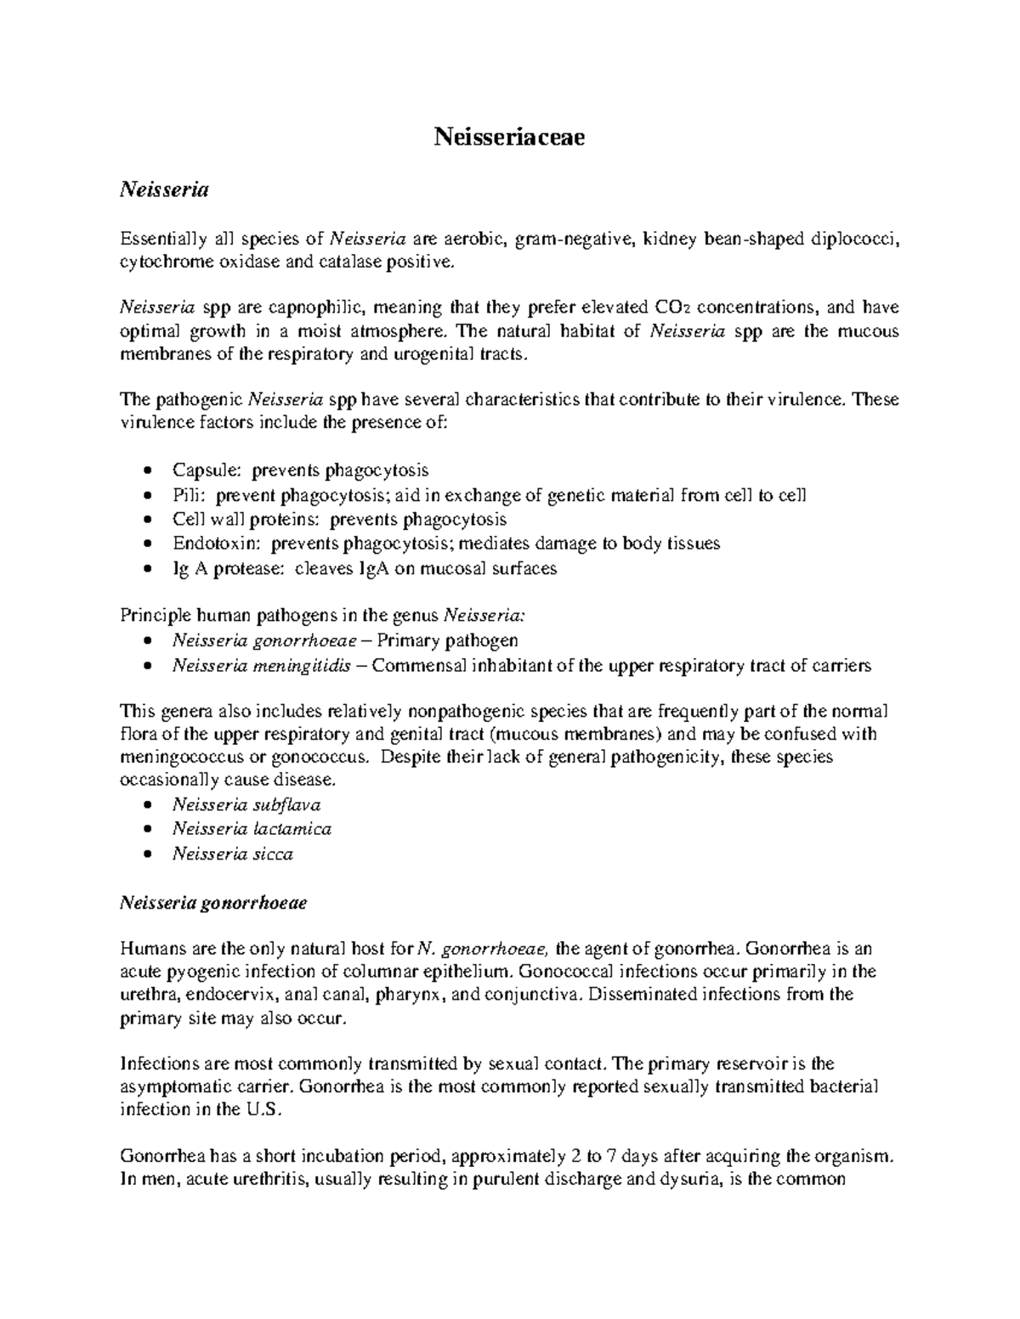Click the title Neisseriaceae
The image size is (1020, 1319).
pyautogui.click(x=509, y=137)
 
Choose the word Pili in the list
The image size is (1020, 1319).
pyautogui.click(x=188, y=494)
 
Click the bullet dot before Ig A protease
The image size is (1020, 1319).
pyautogui.click(x=150, y=569)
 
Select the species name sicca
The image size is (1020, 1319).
pyautogui.click(x=273, y=854)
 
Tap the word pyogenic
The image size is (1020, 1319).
pyautogui.click(x=203, y=971)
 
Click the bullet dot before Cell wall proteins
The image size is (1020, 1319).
pyautogui.click(x=150, y=520)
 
